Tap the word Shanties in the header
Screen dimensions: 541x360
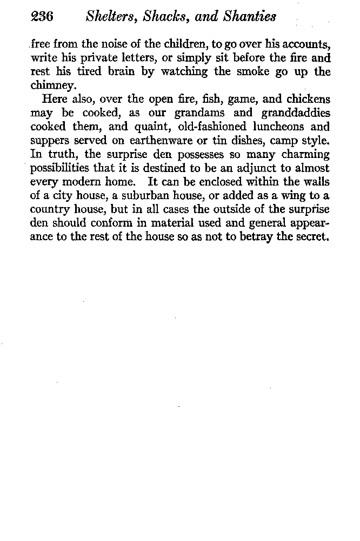(x=251, y=17)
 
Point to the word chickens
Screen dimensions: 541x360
(x=306, y=100)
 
